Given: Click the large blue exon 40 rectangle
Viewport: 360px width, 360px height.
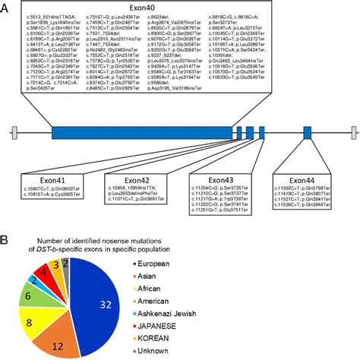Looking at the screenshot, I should [137, 132].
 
